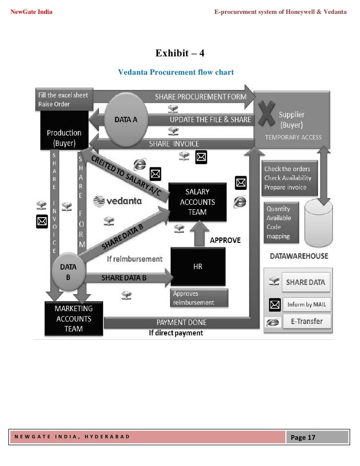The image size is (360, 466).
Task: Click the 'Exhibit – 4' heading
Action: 180,53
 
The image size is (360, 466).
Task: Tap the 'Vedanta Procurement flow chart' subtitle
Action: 176,72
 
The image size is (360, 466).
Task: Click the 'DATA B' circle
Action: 68,272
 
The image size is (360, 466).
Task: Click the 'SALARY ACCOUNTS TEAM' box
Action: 197,202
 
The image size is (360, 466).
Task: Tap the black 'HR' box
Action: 197,266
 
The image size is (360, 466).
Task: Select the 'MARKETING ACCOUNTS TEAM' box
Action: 73,318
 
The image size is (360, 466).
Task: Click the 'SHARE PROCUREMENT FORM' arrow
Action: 200,97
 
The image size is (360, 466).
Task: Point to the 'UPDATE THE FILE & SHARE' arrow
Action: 210,120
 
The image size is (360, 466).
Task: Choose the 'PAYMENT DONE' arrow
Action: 181,323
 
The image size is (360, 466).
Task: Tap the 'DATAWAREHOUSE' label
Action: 299,256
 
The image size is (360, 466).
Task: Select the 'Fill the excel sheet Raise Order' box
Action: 63,99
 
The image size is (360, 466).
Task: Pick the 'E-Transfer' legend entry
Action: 307,322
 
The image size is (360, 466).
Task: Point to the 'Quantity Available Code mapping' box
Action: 281,223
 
